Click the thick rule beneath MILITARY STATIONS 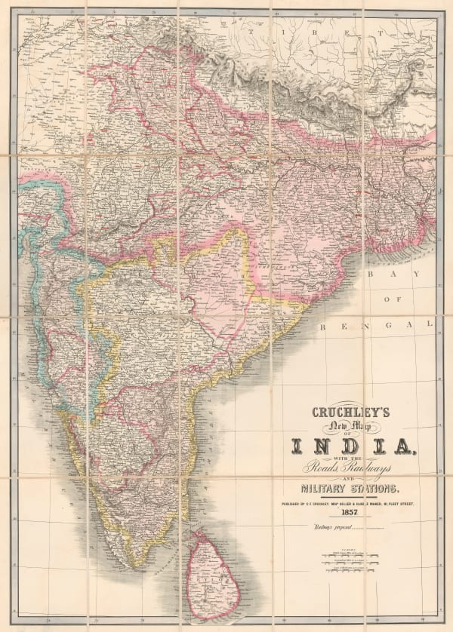[353, 499]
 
